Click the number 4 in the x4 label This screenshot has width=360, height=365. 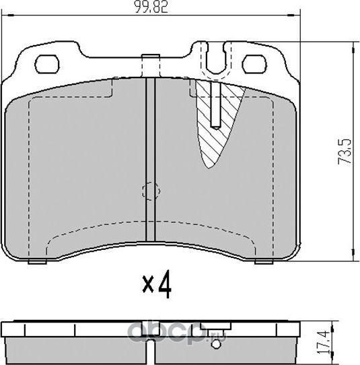pyautogui.click(x=162, y=286)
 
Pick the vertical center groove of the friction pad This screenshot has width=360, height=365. pyautogui.click(x=151, y=162)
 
